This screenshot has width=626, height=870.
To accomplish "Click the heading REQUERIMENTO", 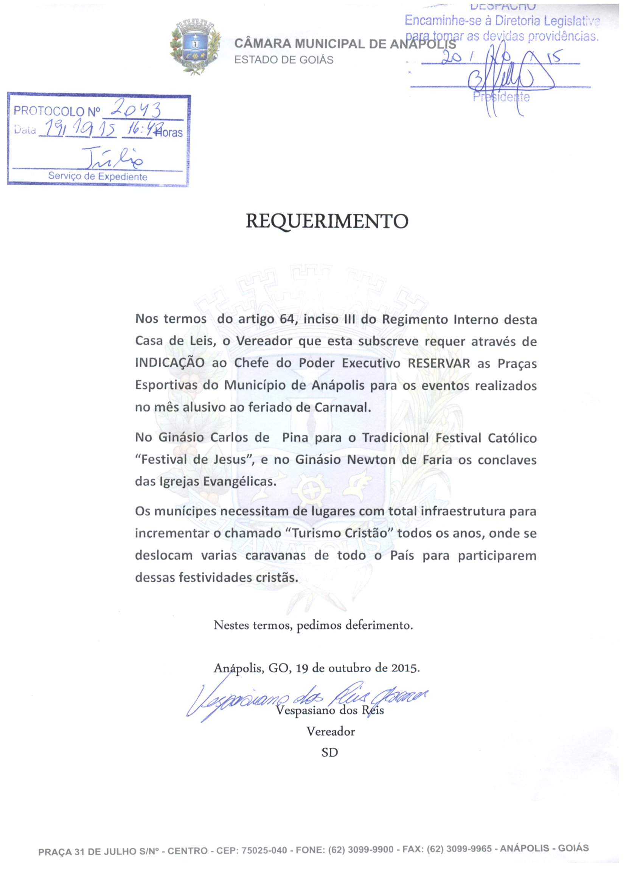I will click(x=326, y=221).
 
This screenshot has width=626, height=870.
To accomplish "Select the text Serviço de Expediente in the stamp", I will click(x=97, y=177).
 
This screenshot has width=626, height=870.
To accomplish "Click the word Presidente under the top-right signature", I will click(x=501, y=97).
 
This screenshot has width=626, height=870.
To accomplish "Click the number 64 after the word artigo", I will click(x=287, y=319).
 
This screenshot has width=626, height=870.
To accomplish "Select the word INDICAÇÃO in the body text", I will click(x=170, y=363).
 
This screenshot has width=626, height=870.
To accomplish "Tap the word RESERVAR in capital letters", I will click(x=438, y=363).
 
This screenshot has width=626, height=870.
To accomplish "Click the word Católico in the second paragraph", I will click(x=512, y=438).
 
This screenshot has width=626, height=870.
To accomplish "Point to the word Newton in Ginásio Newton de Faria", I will click(x=371, y=459).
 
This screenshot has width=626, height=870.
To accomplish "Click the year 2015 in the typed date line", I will click(x=405, y=668).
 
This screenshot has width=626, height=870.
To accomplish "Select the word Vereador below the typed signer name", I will click(x=331, y=731).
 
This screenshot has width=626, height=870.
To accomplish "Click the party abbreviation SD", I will click(x=330, y=753).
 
